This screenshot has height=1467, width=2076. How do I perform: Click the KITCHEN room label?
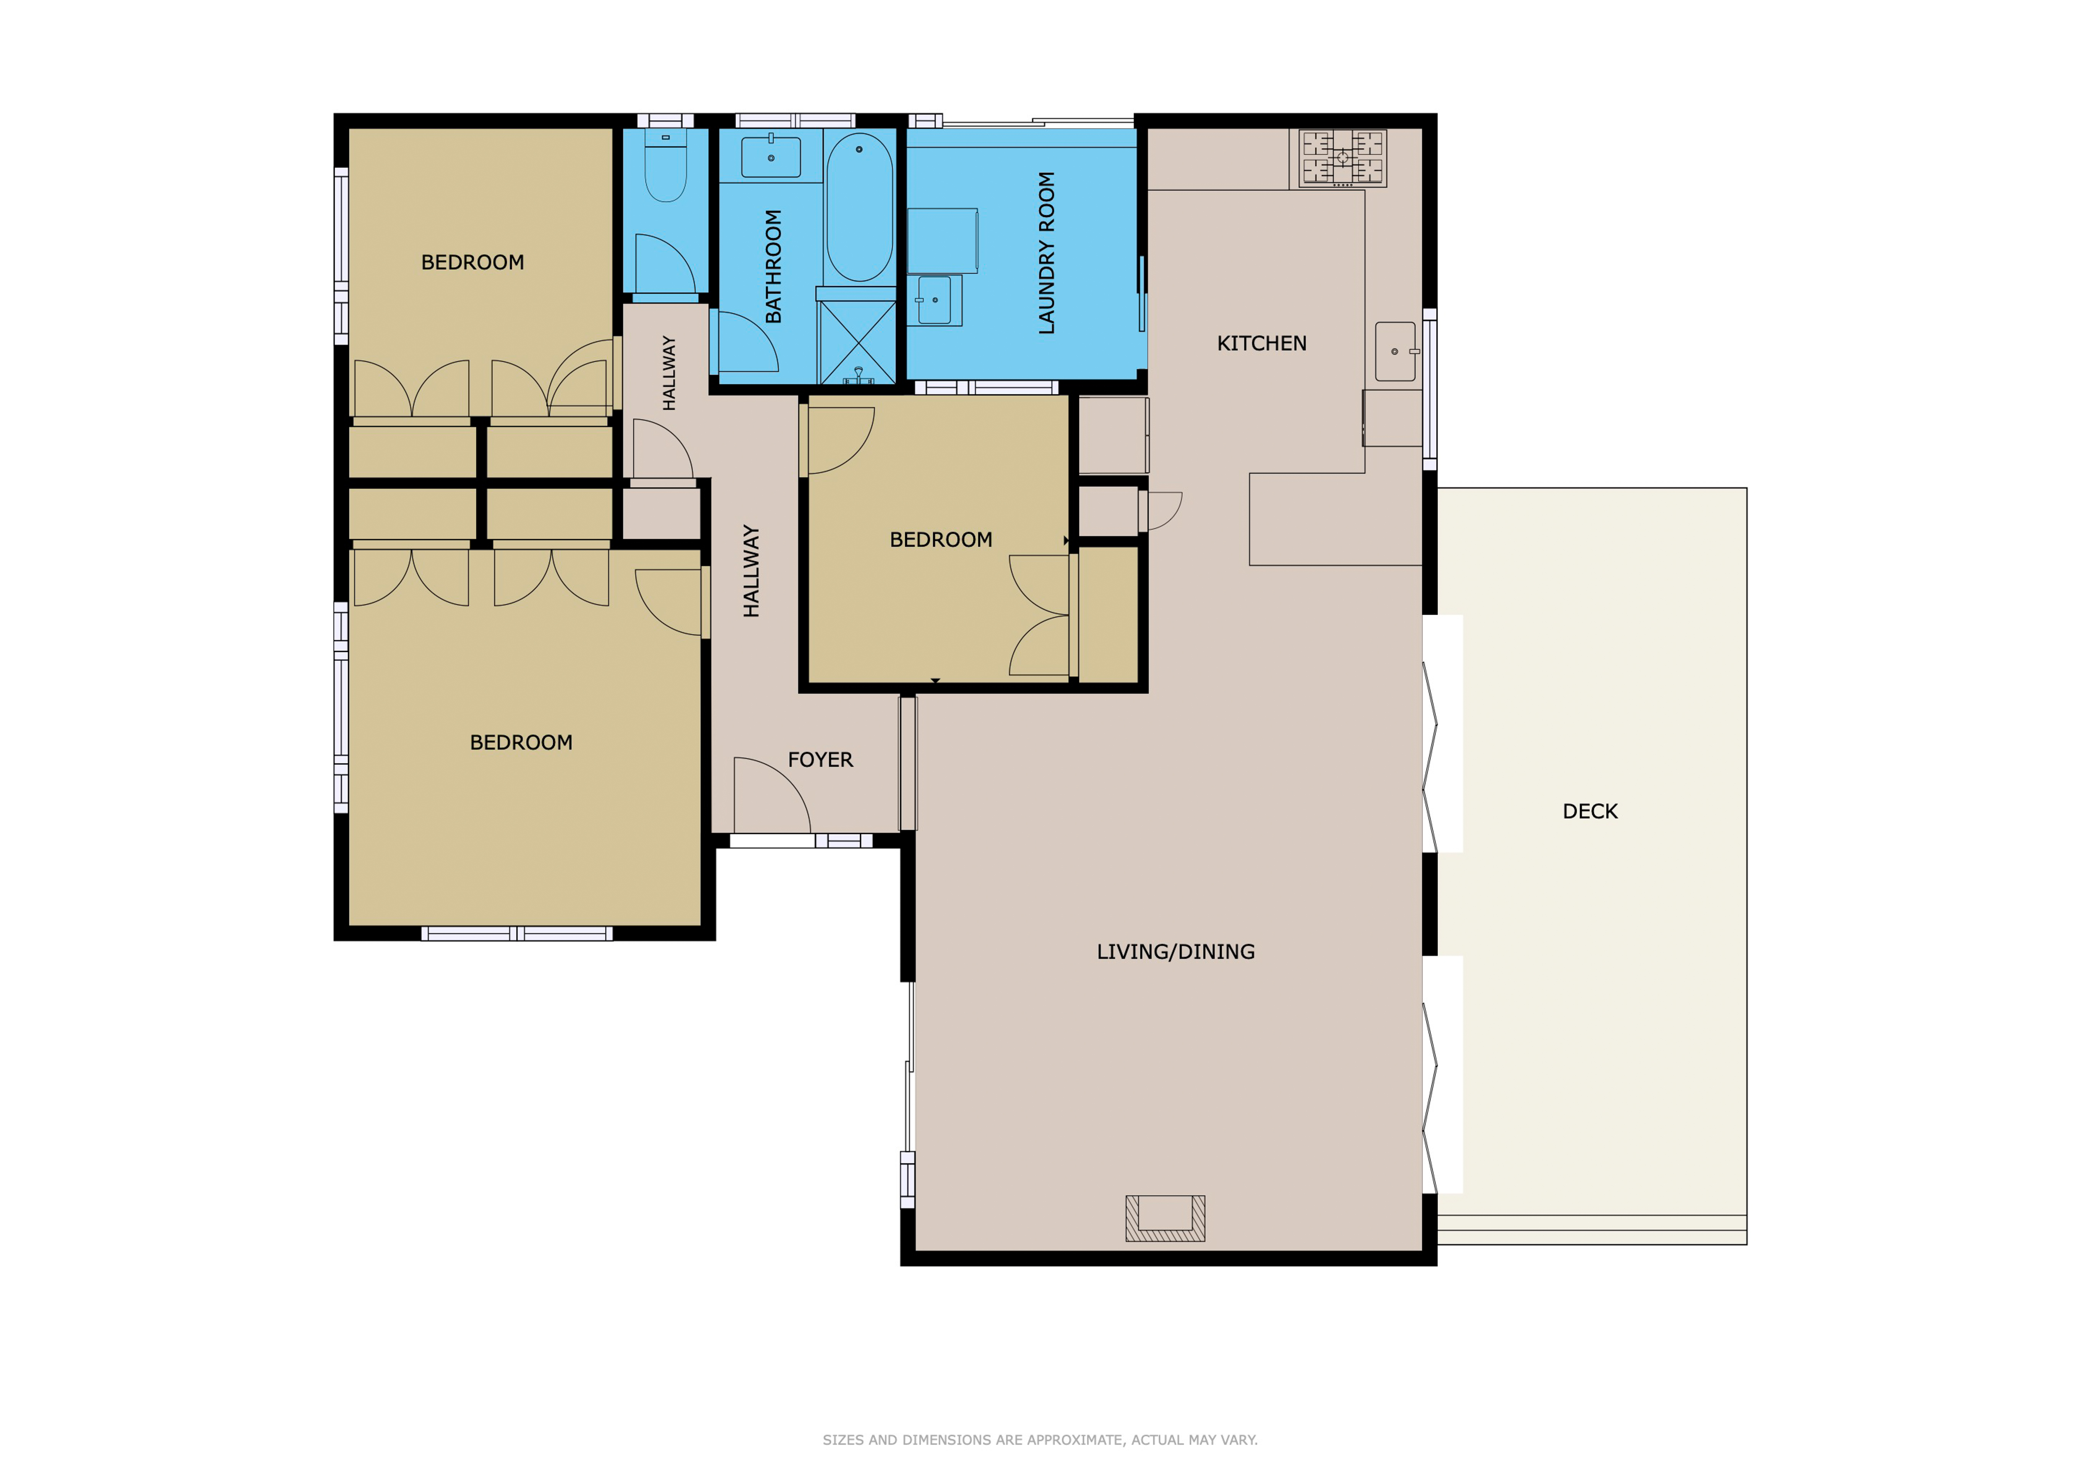point(1261,343)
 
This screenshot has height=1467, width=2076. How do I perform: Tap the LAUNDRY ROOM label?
point(1046,253)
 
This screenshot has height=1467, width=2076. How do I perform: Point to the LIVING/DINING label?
point(1175,952)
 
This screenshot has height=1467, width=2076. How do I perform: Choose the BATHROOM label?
point(773,267)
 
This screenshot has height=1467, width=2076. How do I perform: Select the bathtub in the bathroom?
point(859,208)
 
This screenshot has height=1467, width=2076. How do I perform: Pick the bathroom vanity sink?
point(770,157)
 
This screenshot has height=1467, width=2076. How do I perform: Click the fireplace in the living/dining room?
point(1165,1218)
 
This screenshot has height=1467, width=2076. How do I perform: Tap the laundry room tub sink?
point(935,300)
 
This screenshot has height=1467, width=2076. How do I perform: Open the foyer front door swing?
point(771,795)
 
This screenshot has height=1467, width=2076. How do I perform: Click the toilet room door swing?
point(665,264)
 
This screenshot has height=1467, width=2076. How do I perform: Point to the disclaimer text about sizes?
point(1040,1440)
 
